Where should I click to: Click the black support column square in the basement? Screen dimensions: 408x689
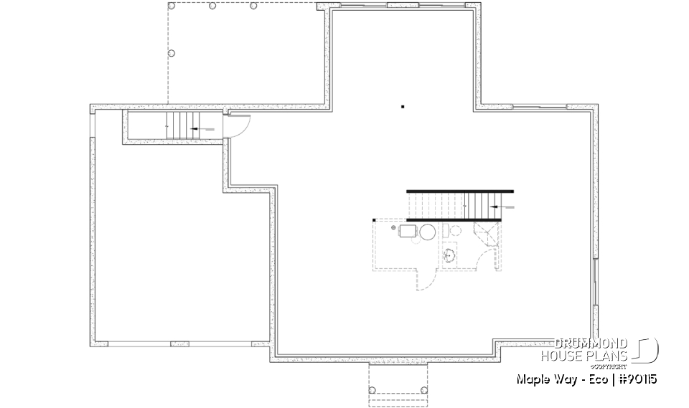point(403,108)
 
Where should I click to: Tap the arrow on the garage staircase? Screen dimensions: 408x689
point(201,129)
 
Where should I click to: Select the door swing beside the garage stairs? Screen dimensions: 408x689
point(239,126)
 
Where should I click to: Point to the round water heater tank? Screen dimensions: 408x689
point(428,232)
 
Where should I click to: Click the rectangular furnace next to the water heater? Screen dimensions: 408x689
point(408,231)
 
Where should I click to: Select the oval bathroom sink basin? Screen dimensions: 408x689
point(451,255)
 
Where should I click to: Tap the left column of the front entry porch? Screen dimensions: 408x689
point(372,389)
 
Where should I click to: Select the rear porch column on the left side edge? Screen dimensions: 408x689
point(171,53)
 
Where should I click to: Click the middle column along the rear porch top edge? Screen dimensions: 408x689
point(212,6)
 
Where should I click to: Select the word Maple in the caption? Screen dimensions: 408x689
point(532,379)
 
